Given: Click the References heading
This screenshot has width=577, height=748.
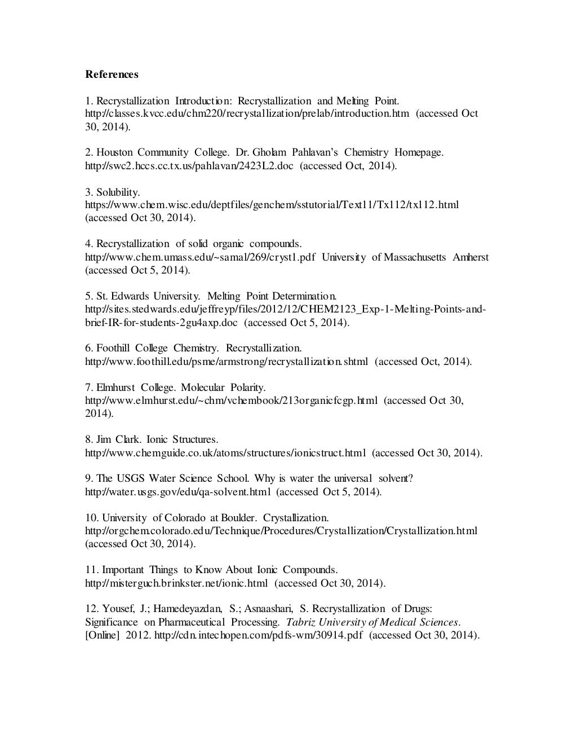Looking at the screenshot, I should coord(112,74).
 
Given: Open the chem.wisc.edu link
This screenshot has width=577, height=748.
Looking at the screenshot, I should coord(272,205).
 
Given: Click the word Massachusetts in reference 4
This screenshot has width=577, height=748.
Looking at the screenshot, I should coord(415,257).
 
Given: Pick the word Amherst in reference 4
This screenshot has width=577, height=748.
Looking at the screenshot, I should coord(471,257).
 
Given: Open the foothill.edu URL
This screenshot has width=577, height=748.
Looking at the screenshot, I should coord(226,362).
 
